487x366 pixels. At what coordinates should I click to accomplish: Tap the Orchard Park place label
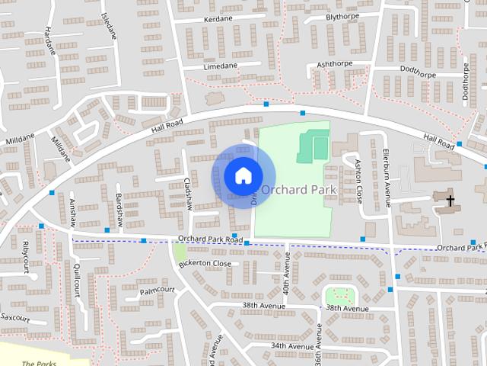(298, 188)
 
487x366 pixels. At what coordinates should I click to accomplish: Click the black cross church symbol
(450, 201)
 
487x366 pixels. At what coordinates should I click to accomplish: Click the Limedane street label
(221, 66)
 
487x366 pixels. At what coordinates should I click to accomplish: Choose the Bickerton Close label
(205, 263)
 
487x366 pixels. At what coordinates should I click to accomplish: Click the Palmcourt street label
(158, 291)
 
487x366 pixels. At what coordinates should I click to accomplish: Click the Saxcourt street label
(14, 315)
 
